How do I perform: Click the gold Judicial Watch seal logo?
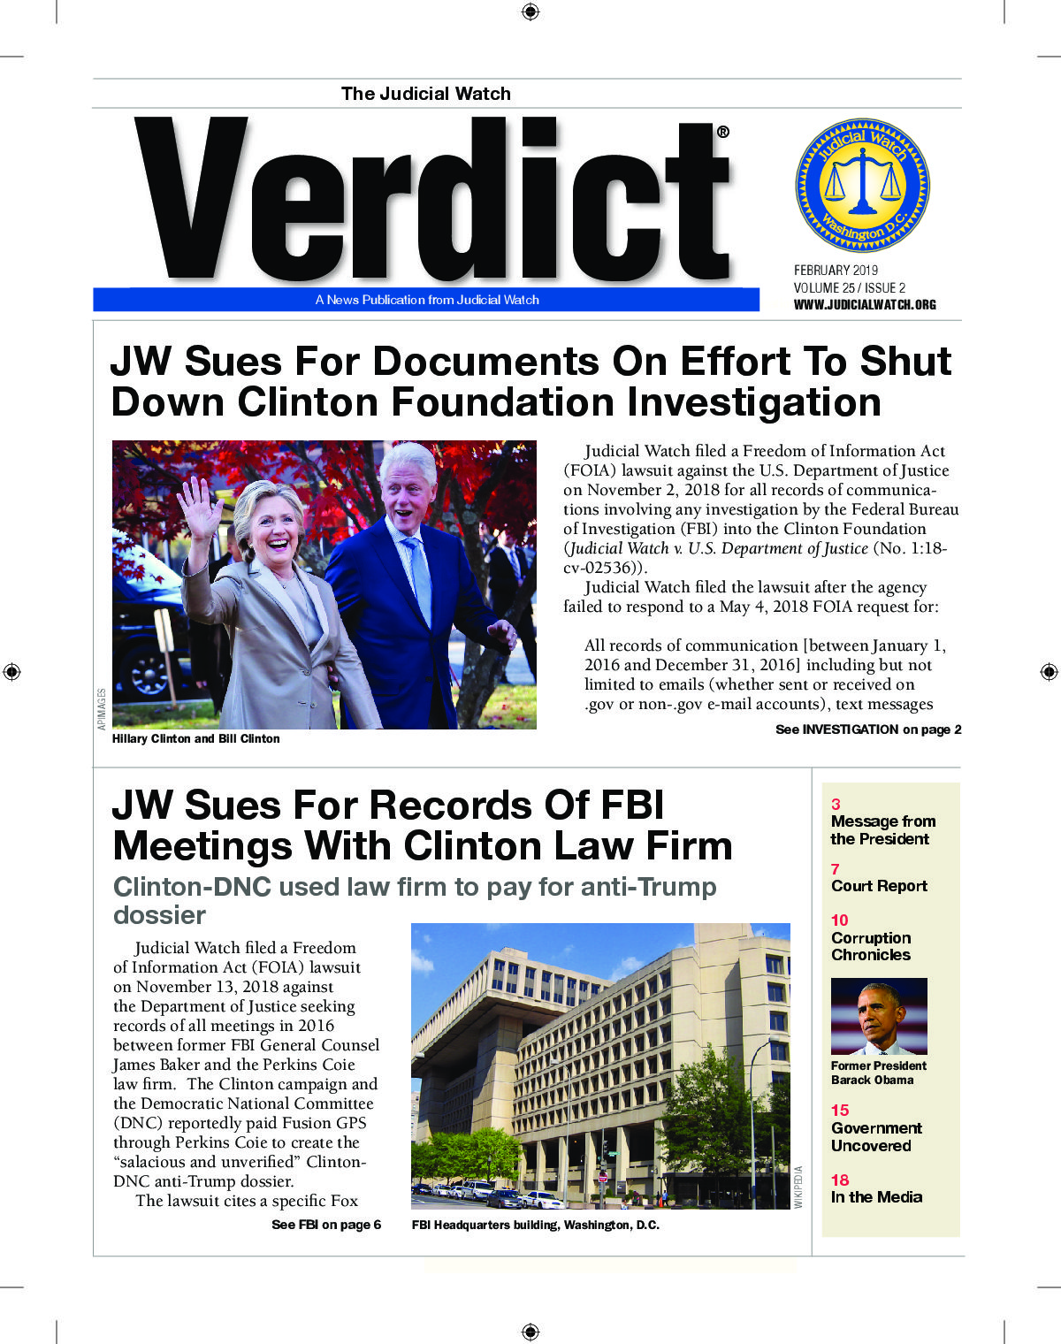[862, 186]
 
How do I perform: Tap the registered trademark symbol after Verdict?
[722, 132]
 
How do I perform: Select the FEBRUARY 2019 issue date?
[836, 270]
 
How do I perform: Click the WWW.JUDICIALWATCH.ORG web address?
[864, 304]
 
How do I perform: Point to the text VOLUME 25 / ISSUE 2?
[849, 287]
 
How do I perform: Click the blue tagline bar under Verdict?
[426, 300]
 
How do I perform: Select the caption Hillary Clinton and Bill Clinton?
[195, 738]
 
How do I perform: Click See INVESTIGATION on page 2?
[867, 729]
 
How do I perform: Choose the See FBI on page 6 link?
[326, 1225]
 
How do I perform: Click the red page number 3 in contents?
[836, 805]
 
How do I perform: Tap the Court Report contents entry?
[879, 886]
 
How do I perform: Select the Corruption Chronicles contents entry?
[871, 946]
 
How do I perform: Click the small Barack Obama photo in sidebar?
[878, 1016]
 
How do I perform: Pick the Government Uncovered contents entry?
[876, 1137]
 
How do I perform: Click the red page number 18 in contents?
[839, 1180]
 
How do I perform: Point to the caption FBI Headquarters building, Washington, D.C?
[535, 1226]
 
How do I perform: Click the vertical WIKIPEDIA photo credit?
[798, 1187]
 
